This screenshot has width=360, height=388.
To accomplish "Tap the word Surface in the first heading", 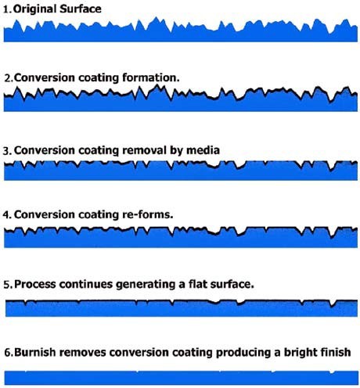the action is pyautogui.click(x=81, y=9).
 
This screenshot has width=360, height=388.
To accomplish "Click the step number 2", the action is pyautogui.click(x=9, y=78).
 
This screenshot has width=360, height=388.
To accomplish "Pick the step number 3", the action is pyautogui.click(x=8, y=151).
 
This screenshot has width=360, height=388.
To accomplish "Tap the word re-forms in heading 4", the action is pyautogui.click(x=148, y=214).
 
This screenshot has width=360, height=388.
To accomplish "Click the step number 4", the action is pyautogui.click(x=7, y=215).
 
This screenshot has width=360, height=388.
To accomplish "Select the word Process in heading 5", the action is pyautogui.click(x=35, y=284).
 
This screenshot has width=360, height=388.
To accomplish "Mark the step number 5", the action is pyautogui.click(x=8, y=284).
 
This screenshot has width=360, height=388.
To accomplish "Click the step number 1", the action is pyautogui.click(x=7, y=10).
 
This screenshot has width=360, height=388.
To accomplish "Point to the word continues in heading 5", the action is pyautogui.click(x=85, y=284).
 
